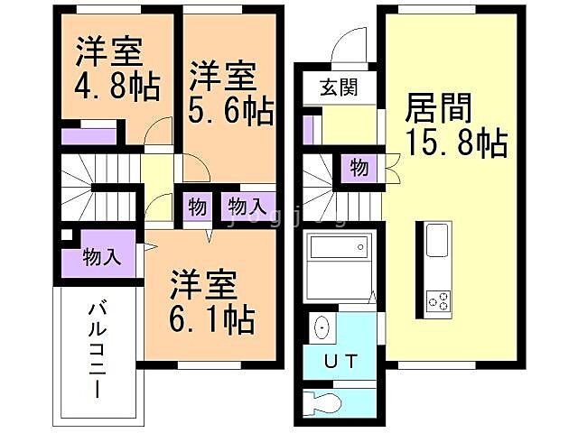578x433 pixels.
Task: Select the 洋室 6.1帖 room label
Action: point(212,302)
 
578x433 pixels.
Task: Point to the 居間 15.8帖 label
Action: point(456,124)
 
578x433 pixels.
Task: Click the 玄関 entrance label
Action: point(339,88)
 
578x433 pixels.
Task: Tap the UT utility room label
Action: point(341,361)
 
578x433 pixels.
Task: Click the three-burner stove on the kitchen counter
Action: point(438,300)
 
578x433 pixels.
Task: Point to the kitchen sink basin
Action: point(437,240)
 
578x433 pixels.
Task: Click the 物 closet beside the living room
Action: point(359,169)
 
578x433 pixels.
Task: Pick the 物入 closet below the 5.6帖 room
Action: point(248,207)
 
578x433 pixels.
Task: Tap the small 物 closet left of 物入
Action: point(198,207)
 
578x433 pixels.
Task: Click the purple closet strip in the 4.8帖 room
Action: point(89,136)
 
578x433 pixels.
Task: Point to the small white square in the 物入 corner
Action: point(67,235)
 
